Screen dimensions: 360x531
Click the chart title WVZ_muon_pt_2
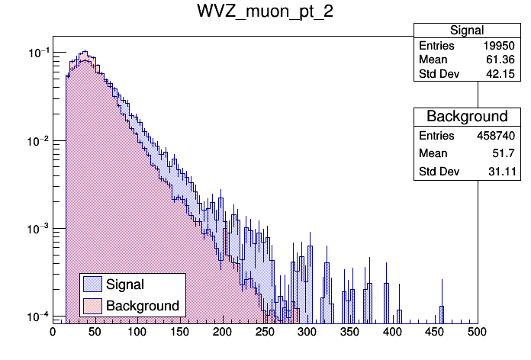click(265, 12)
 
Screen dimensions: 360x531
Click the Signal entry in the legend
click(125, 284)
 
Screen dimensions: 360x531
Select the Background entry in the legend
click(143, 306)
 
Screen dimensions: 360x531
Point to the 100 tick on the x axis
click(137, 332)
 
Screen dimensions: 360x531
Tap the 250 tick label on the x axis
click(265, 332)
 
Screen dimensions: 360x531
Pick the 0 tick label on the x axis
click(53, 332)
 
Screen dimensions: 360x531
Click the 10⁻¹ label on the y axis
click(36, 53)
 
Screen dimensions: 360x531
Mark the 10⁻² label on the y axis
click(36, 141)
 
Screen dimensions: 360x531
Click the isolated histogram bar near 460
click(441, 313)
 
